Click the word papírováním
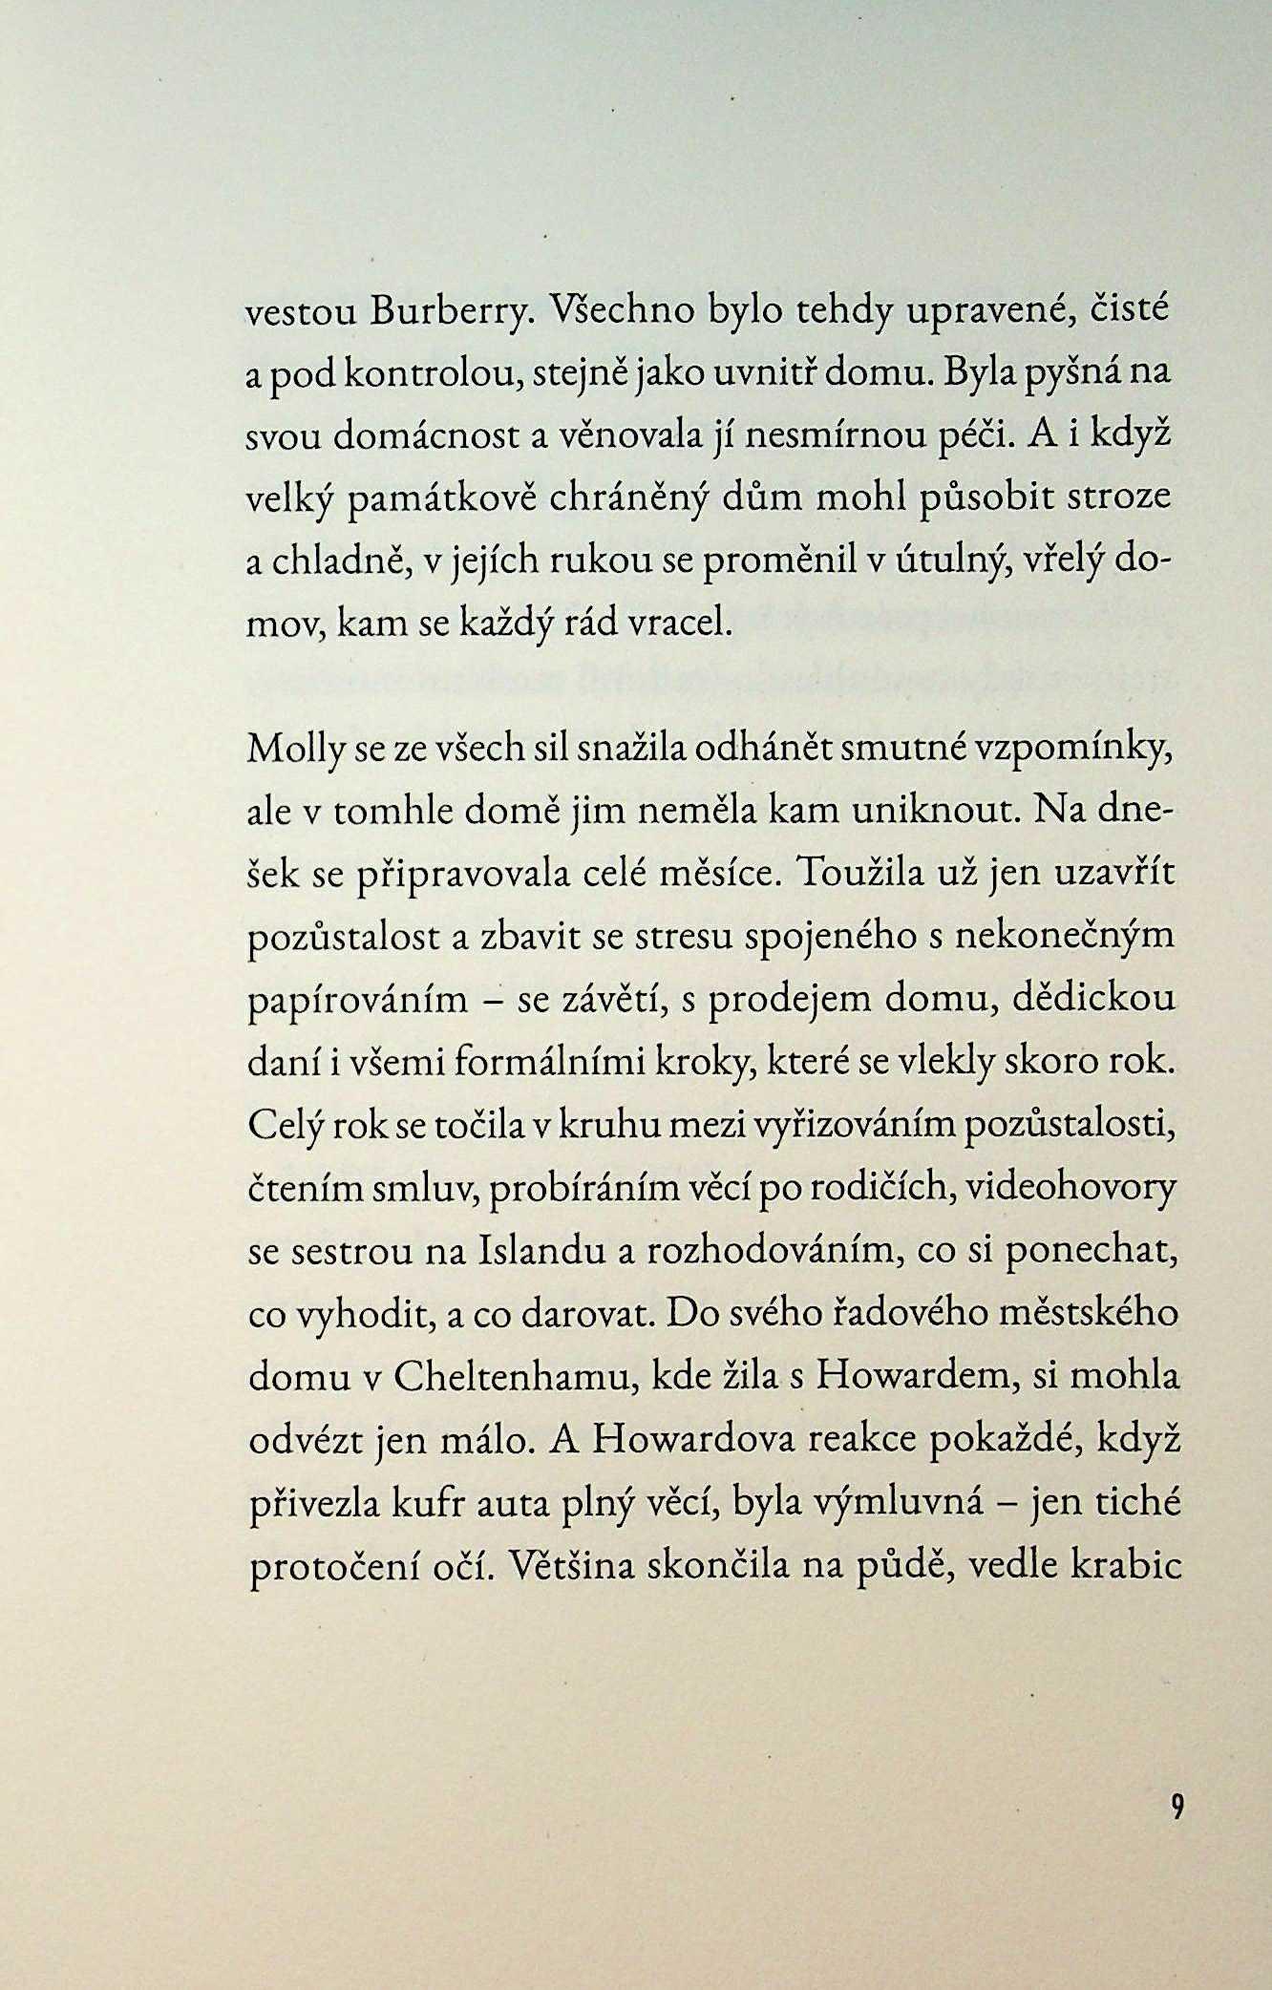(x=358, y=1001)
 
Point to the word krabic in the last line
(x=1127, y=1566)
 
